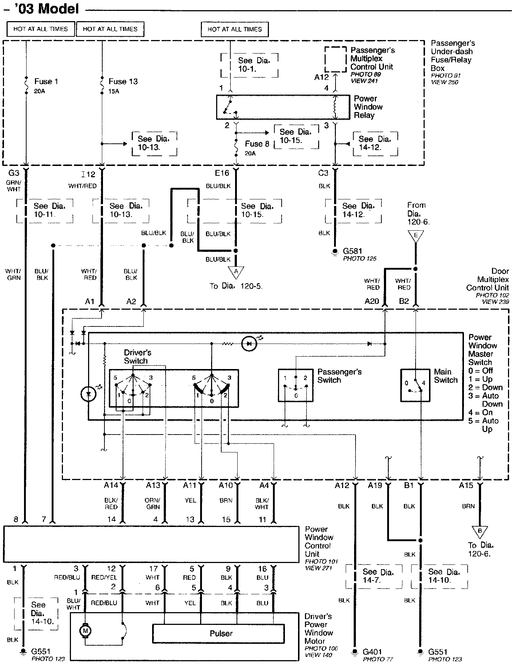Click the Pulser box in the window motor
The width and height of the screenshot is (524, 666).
tap(218, 634)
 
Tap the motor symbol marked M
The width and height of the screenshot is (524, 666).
tap(85, 631)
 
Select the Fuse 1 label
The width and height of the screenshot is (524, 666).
tap(46, 82)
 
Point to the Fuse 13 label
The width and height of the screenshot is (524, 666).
tap(123, 82)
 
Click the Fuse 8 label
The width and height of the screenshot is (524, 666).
tap(257, 144)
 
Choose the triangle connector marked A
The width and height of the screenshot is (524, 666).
tap(236, 272)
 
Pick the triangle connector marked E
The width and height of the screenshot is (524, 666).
tap(416, 236)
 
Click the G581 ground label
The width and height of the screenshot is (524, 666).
tap(352, 251)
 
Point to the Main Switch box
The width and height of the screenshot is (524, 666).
tap(415, 385)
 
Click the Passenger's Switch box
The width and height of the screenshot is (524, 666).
tap(296, 385)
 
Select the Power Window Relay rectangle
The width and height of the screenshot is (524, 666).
tap(278, 107)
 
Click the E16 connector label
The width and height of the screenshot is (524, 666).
tap(222, 173)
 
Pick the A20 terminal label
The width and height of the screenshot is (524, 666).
tap(372, 301)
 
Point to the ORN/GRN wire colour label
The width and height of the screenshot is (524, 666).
tap(153, 504)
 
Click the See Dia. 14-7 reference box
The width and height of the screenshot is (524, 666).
tap(374, 576)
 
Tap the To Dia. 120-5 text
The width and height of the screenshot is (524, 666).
tap(236, 286)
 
